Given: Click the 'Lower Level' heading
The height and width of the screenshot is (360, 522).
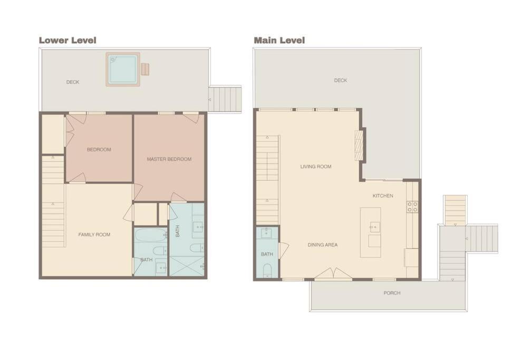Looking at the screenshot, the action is tap(67, 40).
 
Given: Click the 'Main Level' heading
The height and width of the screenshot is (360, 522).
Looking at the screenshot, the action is tap(279, 40).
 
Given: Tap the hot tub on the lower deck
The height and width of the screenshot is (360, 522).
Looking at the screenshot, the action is tap(123, 69).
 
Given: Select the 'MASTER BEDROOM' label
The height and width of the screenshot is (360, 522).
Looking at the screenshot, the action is tap(169, 159).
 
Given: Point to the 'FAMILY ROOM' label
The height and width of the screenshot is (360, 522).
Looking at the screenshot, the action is tap(94, 235).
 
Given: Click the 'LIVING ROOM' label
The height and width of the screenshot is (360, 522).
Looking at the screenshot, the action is tap(316, 167).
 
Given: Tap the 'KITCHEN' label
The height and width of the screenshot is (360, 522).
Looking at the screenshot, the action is tap(383, 196).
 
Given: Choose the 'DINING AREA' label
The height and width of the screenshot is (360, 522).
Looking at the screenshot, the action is tap(323, 245).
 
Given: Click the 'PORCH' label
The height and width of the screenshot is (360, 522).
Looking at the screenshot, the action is tap(392, 293).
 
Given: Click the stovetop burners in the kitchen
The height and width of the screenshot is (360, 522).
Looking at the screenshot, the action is tap(412, 207).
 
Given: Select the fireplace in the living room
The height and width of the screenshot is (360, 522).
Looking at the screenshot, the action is tap(360, 145).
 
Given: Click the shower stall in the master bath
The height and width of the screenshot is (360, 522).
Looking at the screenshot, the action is tap(187, 266).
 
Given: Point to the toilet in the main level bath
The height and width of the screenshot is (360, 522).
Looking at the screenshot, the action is tap(267, 270).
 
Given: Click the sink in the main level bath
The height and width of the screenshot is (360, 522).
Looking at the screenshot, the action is tap(266, 233).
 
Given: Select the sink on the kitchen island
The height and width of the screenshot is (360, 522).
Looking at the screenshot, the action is tap(374, 227).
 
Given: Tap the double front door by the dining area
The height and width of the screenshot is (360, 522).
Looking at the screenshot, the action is tap(333, 274).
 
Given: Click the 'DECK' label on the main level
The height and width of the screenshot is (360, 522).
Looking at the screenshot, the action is tap(341, 80).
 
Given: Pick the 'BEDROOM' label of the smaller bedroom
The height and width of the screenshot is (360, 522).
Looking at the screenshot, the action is tap(99, 149).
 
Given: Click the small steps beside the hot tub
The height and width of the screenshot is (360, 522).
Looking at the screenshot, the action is tap(145, 69).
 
